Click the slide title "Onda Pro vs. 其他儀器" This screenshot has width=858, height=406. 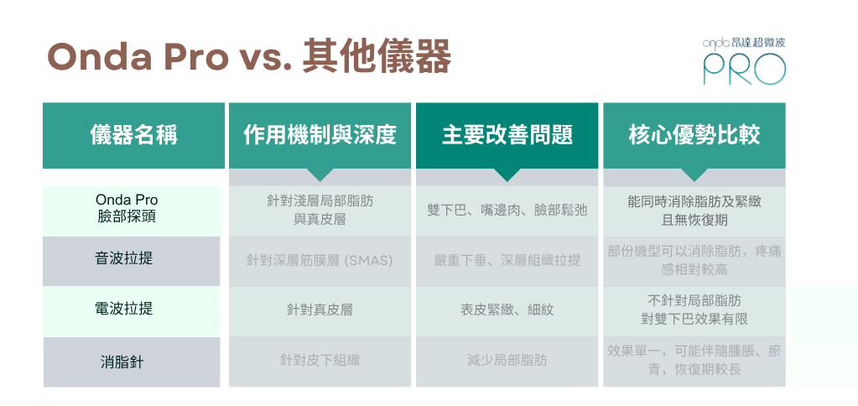coord(249,56)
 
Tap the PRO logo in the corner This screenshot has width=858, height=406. coord(744,60)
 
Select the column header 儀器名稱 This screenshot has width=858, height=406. coord(133,134)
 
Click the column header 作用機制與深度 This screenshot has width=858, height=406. coord(320,134)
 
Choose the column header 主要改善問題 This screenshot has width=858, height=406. coord(507,134)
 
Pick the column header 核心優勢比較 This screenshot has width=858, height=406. coord(694,134)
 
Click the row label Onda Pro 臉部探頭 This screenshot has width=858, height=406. coord(127,208)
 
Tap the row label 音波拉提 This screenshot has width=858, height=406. coord(124,258)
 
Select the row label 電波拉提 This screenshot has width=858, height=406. coord(124,309)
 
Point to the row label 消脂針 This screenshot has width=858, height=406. coord(122,362)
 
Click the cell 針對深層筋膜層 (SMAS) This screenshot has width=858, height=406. coord(320,260)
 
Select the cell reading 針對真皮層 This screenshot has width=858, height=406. coord(320,310)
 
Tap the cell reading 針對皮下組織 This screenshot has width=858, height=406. coord(320,360)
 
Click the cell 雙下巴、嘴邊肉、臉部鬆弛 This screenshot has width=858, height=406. coord(507,210)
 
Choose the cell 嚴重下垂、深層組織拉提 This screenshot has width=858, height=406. coord(507,260)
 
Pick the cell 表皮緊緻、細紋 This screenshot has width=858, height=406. coord(507,310)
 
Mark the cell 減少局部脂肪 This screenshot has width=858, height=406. coord(507,360)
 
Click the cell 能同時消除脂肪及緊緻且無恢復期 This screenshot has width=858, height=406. coord(694,211)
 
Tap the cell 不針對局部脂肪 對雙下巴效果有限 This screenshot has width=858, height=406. coord(694,310)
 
